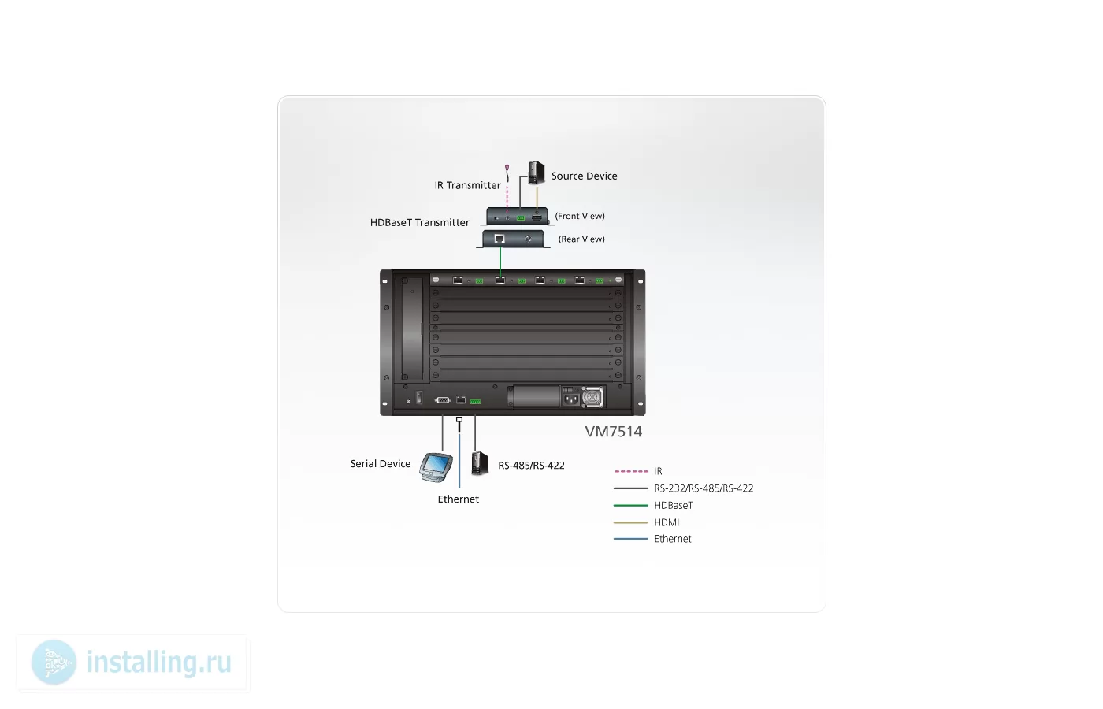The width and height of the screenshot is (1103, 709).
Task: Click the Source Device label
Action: pos(584,176)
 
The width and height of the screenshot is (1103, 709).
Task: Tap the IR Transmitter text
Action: pos(467,186)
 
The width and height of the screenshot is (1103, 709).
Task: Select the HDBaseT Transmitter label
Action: pos(419,222)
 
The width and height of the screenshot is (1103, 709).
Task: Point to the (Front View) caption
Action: pos(580,216)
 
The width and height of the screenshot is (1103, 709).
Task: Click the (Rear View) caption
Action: pos(581,239)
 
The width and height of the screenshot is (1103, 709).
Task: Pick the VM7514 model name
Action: pos(614,432)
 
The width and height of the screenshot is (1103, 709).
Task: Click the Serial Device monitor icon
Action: pos(436,466)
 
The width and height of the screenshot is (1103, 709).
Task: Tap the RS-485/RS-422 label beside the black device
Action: pos(531,466)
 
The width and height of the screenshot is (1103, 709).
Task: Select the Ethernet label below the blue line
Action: pos(459,499)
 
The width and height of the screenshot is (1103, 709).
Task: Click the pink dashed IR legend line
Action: pos(631,471)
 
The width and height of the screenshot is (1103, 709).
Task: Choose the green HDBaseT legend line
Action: pos(631,505)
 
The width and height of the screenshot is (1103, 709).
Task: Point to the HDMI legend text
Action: pos(667,522)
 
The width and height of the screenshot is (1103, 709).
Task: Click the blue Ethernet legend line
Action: pos(631,539)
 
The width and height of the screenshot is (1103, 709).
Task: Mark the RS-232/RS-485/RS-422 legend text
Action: pos(704,488)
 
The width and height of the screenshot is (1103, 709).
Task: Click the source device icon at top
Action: pos(537,173)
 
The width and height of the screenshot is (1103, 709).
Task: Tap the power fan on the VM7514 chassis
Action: pos(592,397)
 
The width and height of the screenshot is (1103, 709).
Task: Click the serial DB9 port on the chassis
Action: pos(443,400)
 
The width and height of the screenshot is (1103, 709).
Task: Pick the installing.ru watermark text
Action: pos(159,663)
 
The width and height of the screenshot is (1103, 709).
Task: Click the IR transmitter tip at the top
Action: pos(507,167)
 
